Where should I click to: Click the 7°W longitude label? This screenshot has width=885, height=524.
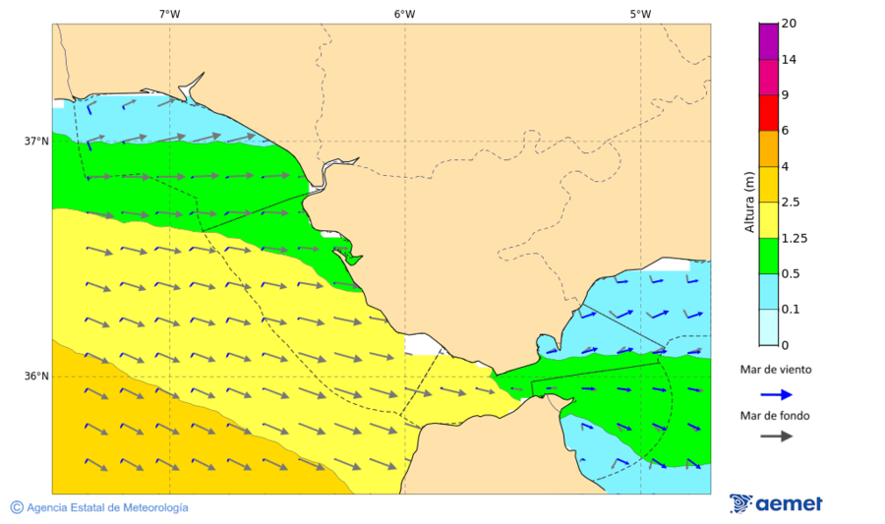(x=169, y=14)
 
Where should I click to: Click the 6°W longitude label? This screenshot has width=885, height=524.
(x=404, y=14)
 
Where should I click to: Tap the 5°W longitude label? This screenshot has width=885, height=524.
(x=640, y=14)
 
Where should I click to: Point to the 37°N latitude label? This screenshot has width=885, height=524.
(x=36, y=141)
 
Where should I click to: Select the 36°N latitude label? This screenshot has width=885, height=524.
(x=36, y=376)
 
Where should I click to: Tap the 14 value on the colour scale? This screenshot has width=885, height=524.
(x=789, y=59)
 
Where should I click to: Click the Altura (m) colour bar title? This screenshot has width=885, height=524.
(x=749, y=202)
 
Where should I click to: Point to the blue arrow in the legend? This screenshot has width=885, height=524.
(x=776, y=394)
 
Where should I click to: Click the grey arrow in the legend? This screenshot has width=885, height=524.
(x=776, y=436)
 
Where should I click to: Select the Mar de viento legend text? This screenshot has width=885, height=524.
(x=776, y=371)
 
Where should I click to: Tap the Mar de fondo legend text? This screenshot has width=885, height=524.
(x=776, y=415)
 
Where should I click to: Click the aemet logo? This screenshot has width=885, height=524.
(x=776, y=503)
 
